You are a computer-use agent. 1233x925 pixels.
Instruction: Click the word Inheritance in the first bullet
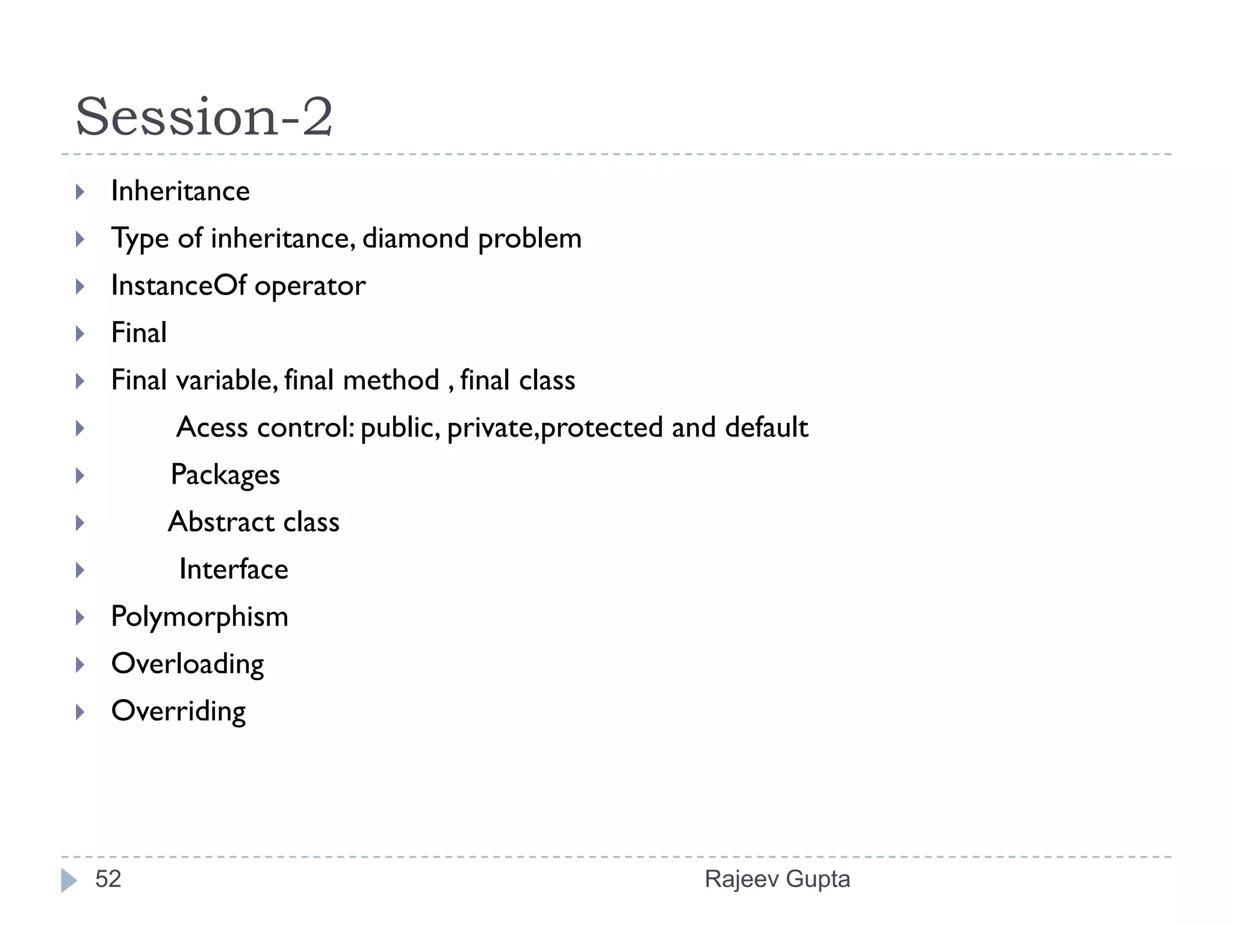tap(180, 192)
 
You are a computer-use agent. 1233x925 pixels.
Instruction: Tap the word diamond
tap(415, 238)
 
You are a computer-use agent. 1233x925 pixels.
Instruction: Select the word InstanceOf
tap(178, 285)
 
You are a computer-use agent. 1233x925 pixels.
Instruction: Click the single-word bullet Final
tap(138, 333)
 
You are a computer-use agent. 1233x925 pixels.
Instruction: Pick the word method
tap(391, 381)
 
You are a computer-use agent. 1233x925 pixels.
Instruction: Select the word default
tap(766, 428)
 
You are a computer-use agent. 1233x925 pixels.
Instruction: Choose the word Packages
tap(225, 475)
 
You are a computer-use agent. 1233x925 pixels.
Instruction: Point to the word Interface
tap(234, 570)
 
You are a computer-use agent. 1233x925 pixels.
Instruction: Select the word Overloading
tap(187, 664)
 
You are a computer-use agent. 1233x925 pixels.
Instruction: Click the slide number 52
tap(108, 879)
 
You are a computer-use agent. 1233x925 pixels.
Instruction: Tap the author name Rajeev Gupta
tap(777, 879)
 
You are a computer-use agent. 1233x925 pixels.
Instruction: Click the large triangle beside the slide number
tap(69, 880)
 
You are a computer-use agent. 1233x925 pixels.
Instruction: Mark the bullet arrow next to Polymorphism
tap(79, 617)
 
